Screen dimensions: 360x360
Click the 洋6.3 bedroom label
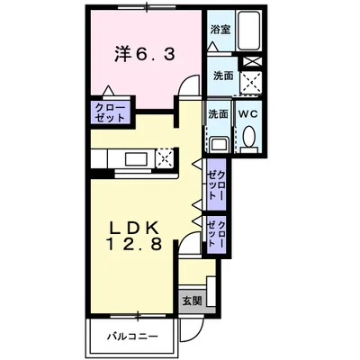coord(144,54)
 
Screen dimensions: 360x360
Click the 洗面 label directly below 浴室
coord(222,77)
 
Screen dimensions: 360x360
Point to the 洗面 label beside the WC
coord(218,114)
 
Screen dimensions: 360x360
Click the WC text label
coord(247,114)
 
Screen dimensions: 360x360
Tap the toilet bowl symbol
coord(248,137)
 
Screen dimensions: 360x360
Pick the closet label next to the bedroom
coord(108,112)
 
